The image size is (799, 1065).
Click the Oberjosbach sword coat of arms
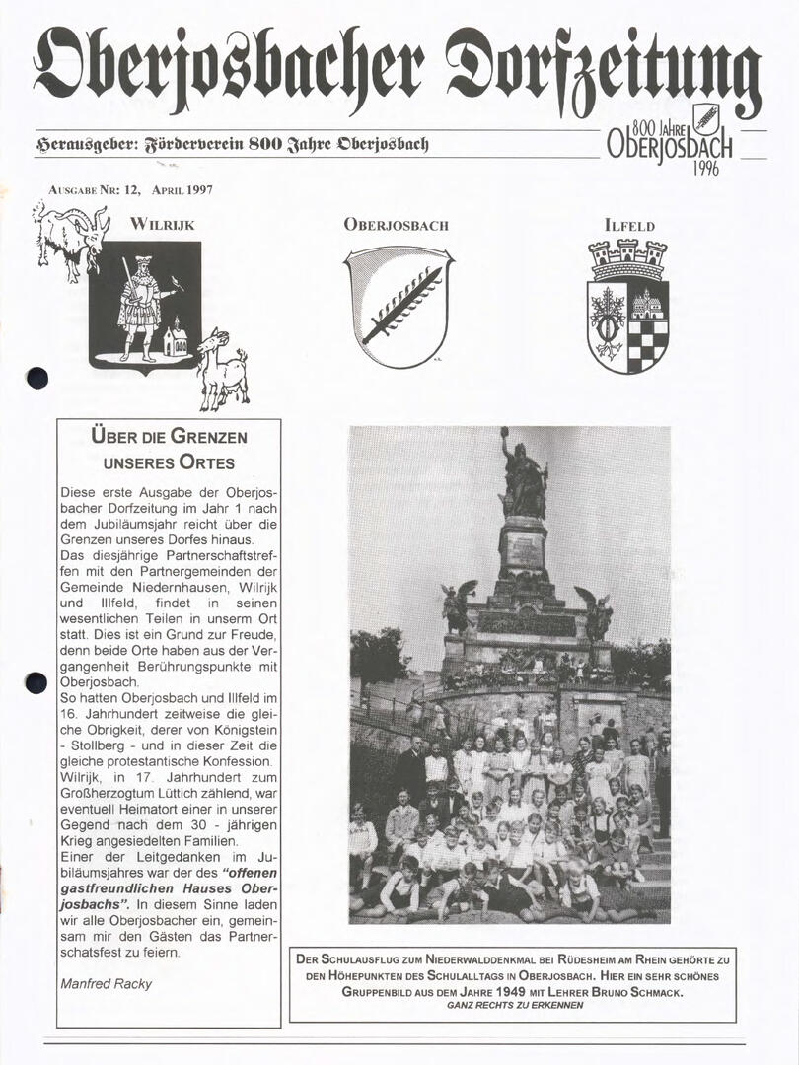point(399,306)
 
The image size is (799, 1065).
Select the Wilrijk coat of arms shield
point(144,305)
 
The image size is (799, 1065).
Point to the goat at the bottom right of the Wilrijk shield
point(223,370)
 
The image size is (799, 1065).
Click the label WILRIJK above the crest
point(162,224)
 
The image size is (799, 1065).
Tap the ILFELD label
point(629,225)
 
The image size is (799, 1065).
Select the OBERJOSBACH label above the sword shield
point(396,225)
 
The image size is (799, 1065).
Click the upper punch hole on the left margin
point(37,377)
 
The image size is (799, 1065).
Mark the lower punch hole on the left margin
point(36,681)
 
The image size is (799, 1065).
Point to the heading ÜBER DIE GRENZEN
point(169,436)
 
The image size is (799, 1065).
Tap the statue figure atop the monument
point(523,474)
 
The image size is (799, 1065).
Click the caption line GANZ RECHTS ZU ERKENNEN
point(514,1005)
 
